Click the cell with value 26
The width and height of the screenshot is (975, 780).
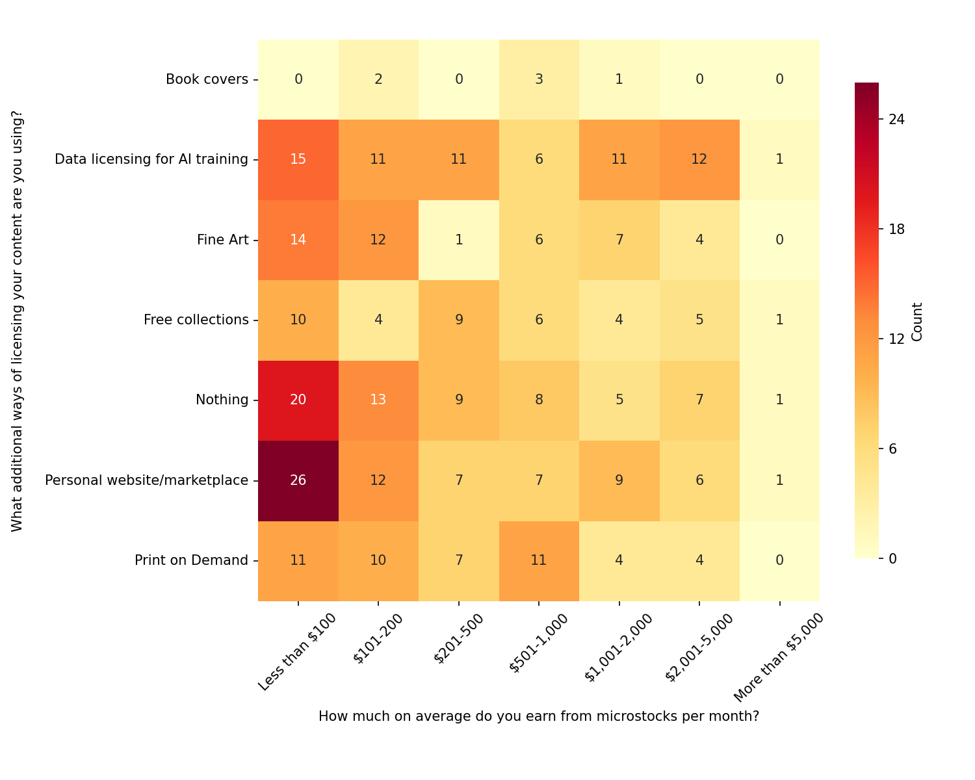[x=298, y=480]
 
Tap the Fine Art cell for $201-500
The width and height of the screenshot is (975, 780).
[x=459, y=240]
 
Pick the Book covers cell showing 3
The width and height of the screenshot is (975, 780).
[x=539, y=79]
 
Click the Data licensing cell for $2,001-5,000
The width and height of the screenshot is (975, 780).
[x=699, y=160]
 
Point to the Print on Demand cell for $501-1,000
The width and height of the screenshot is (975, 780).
[x=539, y=560]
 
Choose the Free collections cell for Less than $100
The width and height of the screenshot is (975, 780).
[x=298, y=320]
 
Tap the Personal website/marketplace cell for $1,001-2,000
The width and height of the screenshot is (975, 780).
[x=619, y=480]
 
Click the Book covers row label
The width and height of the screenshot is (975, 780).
[x=207, y=79]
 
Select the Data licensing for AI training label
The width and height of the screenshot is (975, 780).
[x=151, y=160]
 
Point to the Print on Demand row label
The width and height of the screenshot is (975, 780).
[x=191, y=560]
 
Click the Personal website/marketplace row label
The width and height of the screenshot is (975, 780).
[x=146, y=480]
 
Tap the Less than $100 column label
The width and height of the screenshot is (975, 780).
[x=298, y=651]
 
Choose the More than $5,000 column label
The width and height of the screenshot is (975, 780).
[x=779, y=656]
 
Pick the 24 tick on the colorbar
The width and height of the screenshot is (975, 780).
[x=897, y=120]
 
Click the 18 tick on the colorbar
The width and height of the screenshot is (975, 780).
[x=897, y=229]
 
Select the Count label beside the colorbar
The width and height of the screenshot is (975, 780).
[x=917, y=321]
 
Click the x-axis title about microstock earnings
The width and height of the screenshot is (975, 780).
[x=539, y=716]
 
